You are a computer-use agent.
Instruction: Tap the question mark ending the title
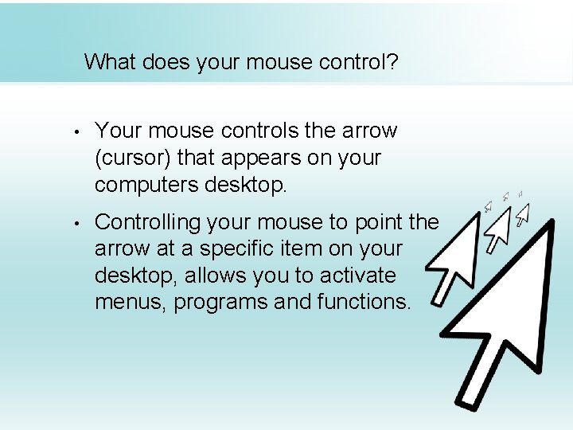[392, 61]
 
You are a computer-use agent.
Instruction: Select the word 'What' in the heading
[111, 61]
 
